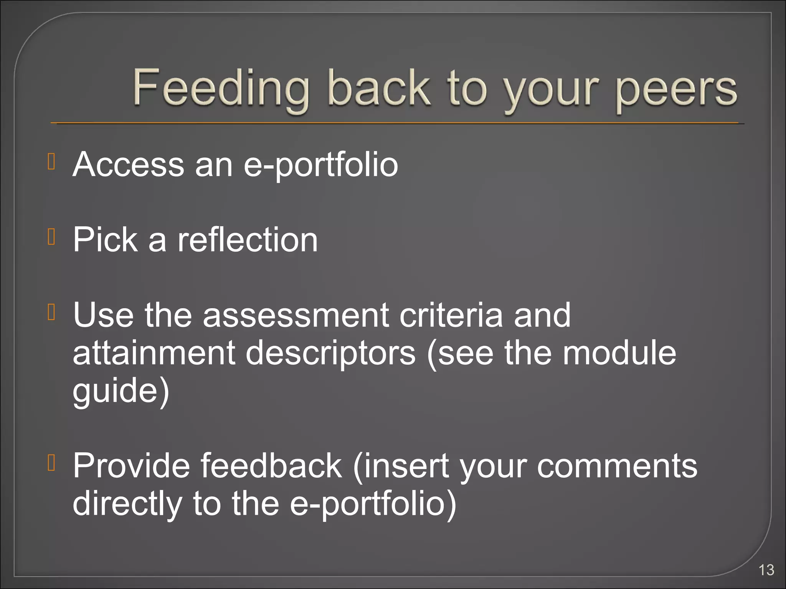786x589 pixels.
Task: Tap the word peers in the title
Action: point(676,90)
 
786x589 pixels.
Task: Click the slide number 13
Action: point(766,570)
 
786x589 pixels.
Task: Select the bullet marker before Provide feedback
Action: point(52,463)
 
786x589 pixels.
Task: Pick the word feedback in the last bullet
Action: point(271,466)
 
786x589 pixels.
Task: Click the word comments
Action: point(617,466)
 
